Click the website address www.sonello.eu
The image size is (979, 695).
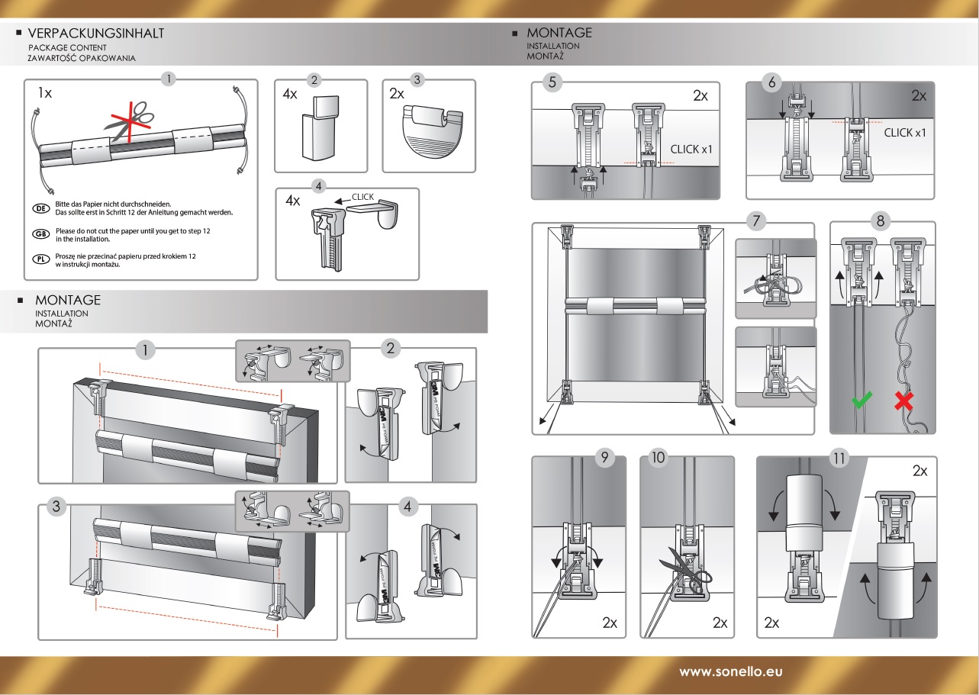[730, 672]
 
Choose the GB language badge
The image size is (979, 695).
[41, 233]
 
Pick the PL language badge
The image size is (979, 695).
[41, 259]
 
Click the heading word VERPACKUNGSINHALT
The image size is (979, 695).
[95, 34]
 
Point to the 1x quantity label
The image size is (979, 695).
[45, 93]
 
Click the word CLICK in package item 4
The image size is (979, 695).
[362, 197]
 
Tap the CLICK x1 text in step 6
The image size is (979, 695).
[904, 133]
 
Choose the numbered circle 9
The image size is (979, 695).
[604, 459]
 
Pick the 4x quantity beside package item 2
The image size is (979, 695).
[290, 95]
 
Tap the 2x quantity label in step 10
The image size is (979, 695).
[720, 623]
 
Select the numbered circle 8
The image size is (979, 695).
[881, 221]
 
